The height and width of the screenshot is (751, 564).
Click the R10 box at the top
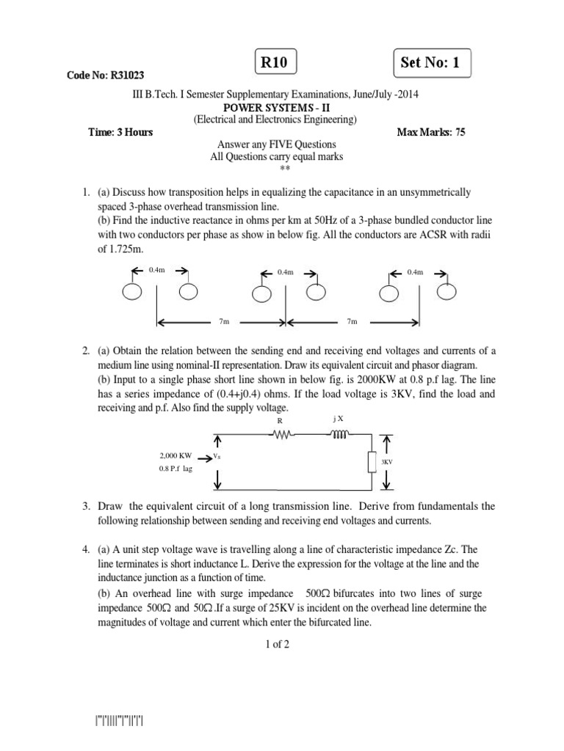coord(275,63)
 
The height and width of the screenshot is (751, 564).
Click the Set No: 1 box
coord(431,63)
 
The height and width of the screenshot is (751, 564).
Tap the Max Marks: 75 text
coord(431,132)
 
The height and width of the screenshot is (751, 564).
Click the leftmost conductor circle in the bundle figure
coord(134,292)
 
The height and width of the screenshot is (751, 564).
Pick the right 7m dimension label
coord(352,321)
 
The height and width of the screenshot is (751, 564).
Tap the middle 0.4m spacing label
coord(286,272)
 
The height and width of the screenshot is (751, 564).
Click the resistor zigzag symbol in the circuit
coord(283,433)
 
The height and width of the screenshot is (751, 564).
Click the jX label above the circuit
coord(338,418)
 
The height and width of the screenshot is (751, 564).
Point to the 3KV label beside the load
coord(387,462)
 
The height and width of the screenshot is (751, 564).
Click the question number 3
coord(87,506)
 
